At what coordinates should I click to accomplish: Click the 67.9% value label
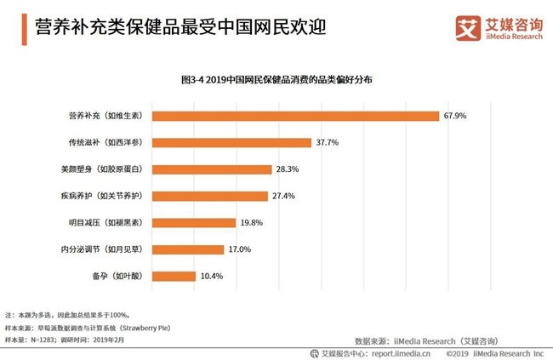(453, 116)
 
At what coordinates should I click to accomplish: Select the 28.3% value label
(287, 169)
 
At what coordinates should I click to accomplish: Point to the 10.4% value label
(211, 277)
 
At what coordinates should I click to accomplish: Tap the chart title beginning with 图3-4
(276, 78)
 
